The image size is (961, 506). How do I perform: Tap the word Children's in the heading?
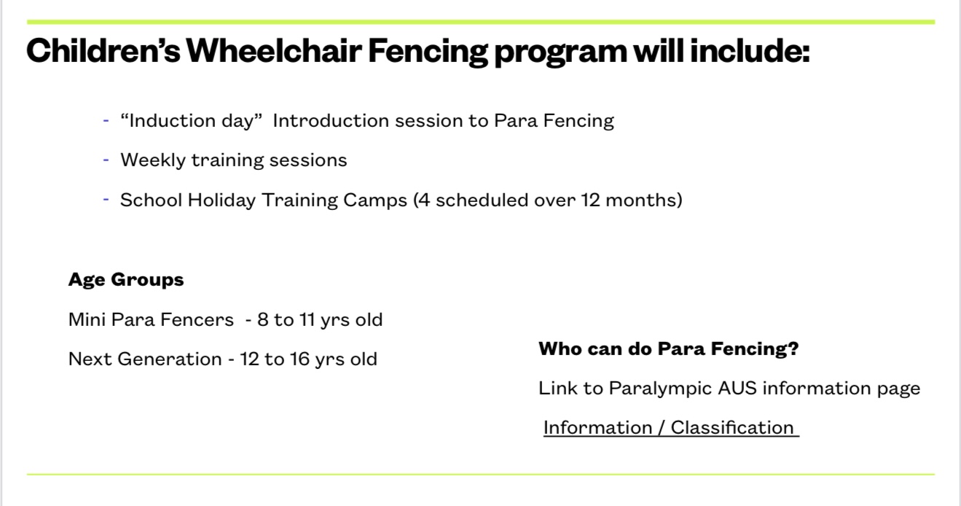click(x=103, y=50)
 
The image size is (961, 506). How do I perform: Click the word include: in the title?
click(x=750, y=50)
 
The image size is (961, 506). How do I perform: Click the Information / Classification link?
click(x=671, y=428)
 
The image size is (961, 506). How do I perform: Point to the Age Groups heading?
click(x=126, y=280)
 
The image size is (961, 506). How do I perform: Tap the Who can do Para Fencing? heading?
click(x=668, y=349)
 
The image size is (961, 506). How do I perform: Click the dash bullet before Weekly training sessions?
click(x=106, y=160)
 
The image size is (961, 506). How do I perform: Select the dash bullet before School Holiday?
click(x=106, y=200)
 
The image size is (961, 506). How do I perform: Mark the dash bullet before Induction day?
click(x=106, y=121)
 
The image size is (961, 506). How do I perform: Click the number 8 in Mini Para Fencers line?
click(x=262, y=320)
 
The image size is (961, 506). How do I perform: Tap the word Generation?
click(x=170, y=359)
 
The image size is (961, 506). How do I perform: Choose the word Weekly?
click(x=153, y=160)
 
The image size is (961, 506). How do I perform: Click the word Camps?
click(x=375, y=201)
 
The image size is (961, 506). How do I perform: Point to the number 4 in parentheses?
click(x=424, y=200)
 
